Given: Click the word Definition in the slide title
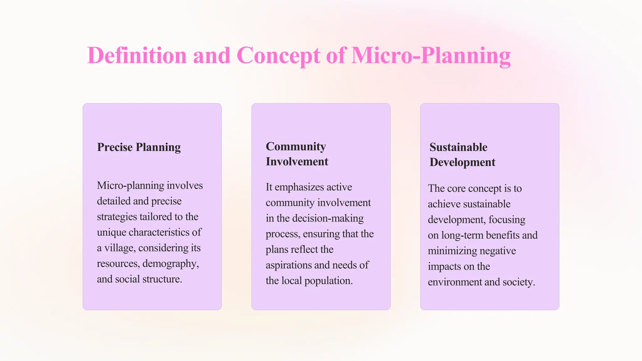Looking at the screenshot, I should (137, 56).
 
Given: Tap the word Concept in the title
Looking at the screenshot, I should (278, 56).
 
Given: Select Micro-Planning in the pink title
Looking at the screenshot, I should (431, 56).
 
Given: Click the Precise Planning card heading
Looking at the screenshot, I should (139, 147).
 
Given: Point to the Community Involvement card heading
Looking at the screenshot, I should (297, 154).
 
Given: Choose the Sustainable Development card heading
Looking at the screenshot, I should (462, 154).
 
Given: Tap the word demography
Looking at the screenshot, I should (171, 264).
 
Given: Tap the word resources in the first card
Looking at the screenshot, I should (118, 264).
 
